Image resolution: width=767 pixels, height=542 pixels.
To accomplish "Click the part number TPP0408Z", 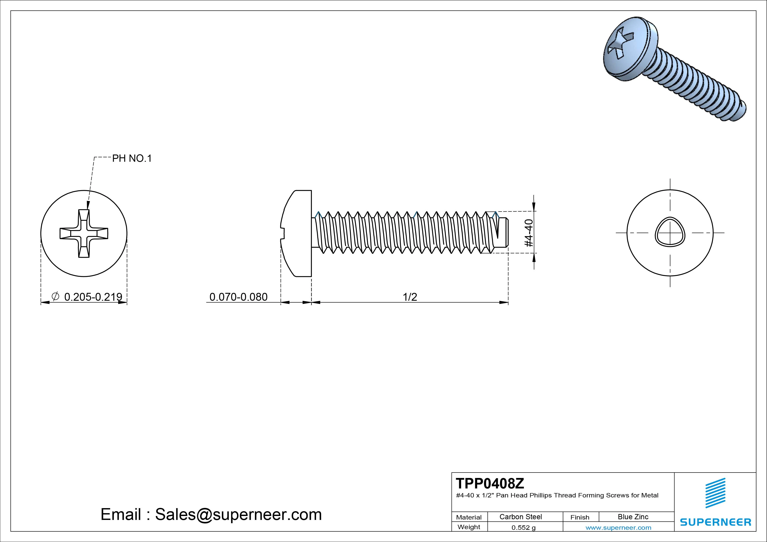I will (490, 483).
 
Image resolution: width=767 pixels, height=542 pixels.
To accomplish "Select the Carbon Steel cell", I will (520, 517).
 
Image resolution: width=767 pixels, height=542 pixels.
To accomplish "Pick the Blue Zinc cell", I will (633, 517).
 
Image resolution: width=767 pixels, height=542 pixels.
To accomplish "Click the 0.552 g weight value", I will (523, 528).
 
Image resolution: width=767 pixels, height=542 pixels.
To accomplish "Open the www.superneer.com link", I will (618, 528).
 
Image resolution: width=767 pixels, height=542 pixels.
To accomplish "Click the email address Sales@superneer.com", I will (238, 515).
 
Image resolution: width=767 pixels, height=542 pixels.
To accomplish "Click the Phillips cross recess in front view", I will (84, 233).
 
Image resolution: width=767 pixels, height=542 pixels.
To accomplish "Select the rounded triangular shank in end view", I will (670, 233).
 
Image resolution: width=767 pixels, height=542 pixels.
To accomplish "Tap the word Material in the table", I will (469, 517).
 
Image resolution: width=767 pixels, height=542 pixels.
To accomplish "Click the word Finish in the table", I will (580, 517).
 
